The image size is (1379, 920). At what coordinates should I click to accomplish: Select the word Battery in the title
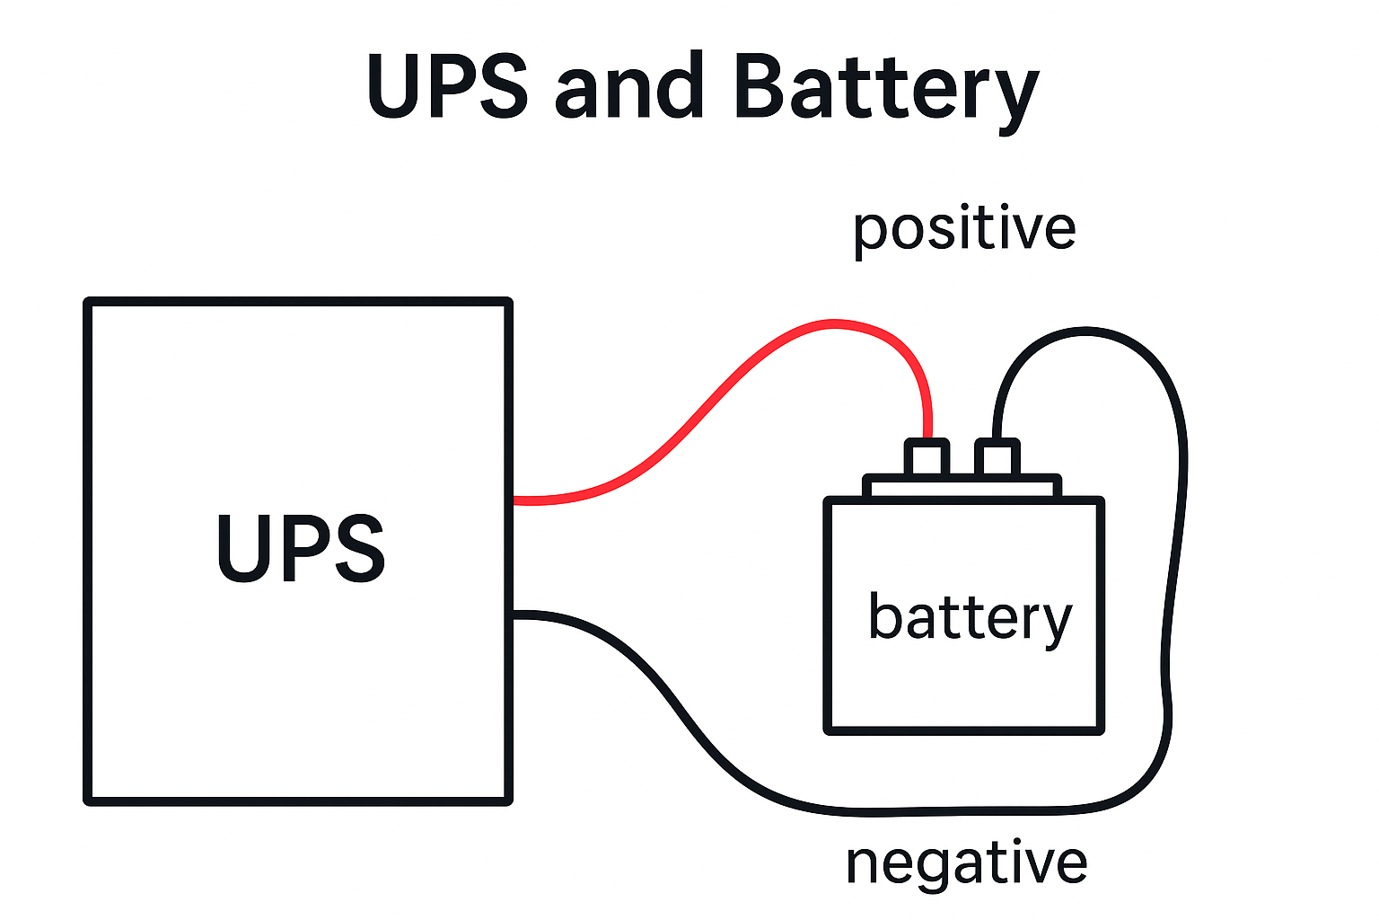pos(885,88)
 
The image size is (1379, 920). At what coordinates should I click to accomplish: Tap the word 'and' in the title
pos(628,86)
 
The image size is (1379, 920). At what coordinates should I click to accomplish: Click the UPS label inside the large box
pos(301,548)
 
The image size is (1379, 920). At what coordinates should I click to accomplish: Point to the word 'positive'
pos(964,228)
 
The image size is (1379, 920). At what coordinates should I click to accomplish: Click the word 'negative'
pos(966,862)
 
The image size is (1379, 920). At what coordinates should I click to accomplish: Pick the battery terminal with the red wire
pos(927,457)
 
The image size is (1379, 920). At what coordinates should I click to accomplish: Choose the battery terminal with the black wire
pos(997,457)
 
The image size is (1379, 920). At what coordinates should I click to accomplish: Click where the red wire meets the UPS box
pos(514,500)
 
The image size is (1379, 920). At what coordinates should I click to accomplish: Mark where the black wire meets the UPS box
pos(514,615)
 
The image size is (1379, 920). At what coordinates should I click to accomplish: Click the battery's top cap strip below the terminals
pos(962,486)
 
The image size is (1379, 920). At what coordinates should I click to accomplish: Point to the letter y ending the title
pos(1014,94)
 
